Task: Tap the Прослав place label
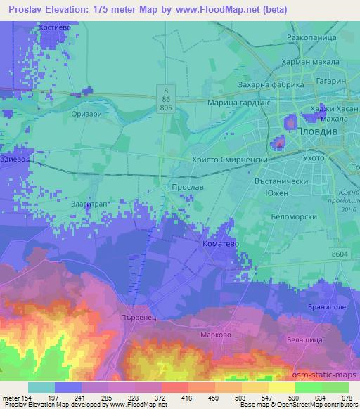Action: tap(188, 188)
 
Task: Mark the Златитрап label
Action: tap(89, 202)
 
